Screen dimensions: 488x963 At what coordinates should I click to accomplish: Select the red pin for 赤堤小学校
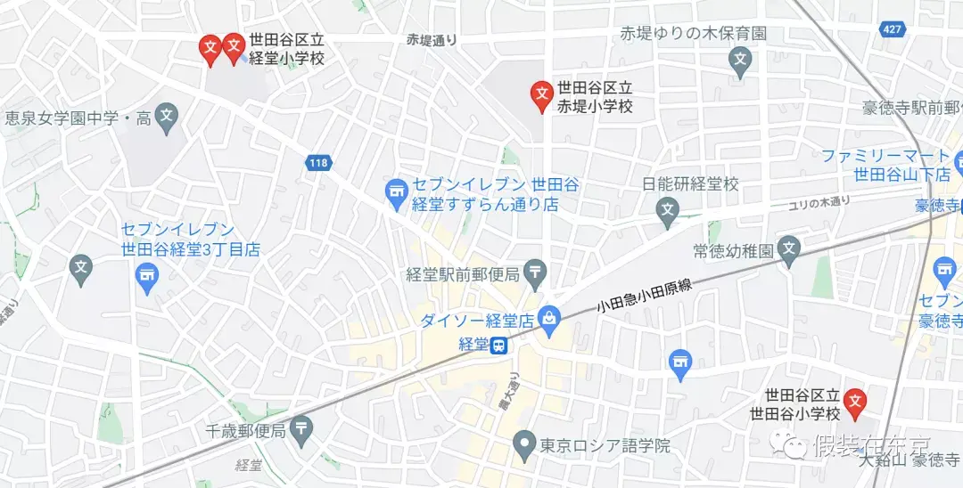point(540,94)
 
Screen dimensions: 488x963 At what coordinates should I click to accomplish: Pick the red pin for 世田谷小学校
point(856,403)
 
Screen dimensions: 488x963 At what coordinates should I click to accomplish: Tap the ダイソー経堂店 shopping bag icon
point(550,318)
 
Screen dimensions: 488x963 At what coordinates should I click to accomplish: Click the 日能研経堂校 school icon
point(667,211)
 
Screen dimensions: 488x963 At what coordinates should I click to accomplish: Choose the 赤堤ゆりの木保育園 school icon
point(739,61)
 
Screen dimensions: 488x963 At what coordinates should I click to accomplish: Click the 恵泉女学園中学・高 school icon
point(166,117)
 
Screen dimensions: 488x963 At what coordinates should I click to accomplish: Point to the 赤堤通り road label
point(432,39)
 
